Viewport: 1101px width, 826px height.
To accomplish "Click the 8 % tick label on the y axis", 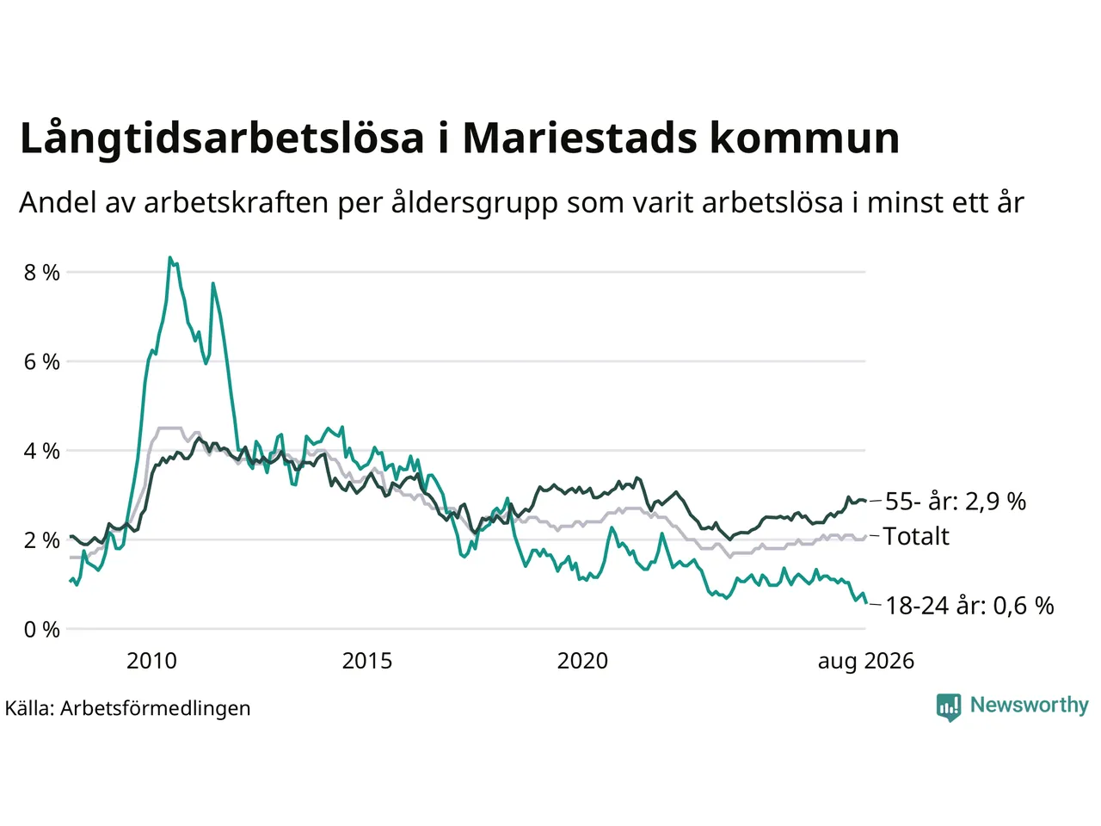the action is click(x=41, y=273).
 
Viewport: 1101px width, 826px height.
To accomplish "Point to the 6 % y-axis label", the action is click(x=41, y=362).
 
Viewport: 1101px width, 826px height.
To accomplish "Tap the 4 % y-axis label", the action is click(x=41, y=452).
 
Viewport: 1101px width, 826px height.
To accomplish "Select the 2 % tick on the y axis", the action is click(x=41, y=540).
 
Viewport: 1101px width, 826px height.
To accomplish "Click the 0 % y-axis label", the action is click(x=41, y=630).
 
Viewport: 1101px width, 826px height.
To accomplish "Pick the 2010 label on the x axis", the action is click(x=151, y=661).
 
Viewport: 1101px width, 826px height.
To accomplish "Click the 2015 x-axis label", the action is click(x=366, y=661).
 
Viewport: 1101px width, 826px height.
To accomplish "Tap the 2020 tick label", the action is click(x=582, y=661).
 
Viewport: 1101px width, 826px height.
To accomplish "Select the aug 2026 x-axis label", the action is click(x=866, y=662).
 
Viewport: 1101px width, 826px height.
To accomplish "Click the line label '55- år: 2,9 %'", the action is click(x=956, y=501).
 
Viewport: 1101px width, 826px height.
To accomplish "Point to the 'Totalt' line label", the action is click(x=916, y=536).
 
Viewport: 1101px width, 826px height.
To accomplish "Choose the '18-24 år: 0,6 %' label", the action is click(x=969, y=606).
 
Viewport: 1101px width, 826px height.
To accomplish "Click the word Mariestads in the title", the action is click(x=580, y=138).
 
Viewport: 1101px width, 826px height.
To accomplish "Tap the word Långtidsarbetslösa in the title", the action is click(x=222, y=139).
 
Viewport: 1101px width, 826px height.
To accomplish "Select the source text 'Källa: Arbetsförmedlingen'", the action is click(x=127, y=708).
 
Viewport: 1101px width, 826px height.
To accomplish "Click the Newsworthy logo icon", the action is click(x=949, y=707).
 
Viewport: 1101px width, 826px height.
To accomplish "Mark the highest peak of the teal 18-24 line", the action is click(x=170, y=257).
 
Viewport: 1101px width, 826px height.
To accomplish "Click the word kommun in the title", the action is click(x=804, y=138).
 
